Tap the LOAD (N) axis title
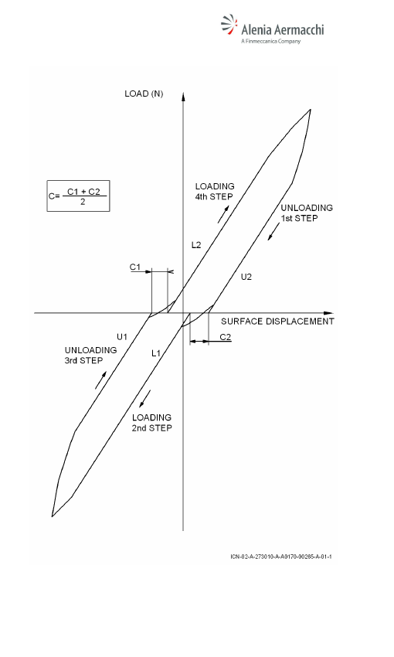click(144, 94)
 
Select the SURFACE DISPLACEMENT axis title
click(277, 322)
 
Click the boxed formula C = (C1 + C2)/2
click(78, 196)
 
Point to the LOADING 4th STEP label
click(214, 192)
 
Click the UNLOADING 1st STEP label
click(307, 213)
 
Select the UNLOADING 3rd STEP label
click(90, 356)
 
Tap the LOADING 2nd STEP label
click(151, 423)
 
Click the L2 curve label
click(196, 245)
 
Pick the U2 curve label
click(246, 277)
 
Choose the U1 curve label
click(122, 336)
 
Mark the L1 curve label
click(156, 354)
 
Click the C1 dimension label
click(135, 267)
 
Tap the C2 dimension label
click(226, 337)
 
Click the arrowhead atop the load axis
click(183, 96)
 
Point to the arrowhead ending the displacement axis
click(328, 313)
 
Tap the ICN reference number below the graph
click(281, 557)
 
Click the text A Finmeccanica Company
click(270, 41)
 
